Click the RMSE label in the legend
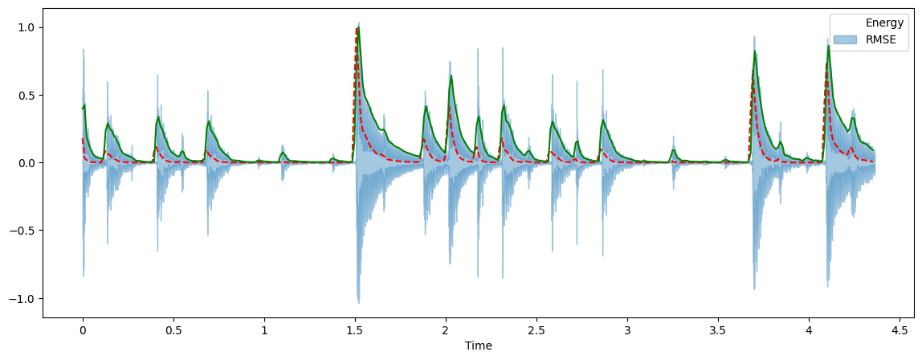tap(880, 39)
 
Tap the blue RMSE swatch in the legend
tap(846, 39)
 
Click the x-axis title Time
tap(478, 346)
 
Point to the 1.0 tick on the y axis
tap(27, 27)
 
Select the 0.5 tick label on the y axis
tap(27, 96)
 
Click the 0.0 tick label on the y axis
tap(27, 163)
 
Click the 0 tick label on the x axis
tap(83, 329)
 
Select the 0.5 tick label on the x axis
tap(173, 329)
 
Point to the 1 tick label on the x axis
tap(264, 329)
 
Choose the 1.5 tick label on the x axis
tap(355, 329)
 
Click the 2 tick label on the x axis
tap(446, 329)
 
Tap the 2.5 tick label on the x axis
tap(536, 329)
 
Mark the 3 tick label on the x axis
tap(627, 329)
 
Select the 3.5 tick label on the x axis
tap(718, 329)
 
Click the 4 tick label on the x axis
tap(809, 329)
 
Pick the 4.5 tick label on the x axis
tap(900, 329)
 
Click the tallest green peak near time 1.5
tap(359, 29)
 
